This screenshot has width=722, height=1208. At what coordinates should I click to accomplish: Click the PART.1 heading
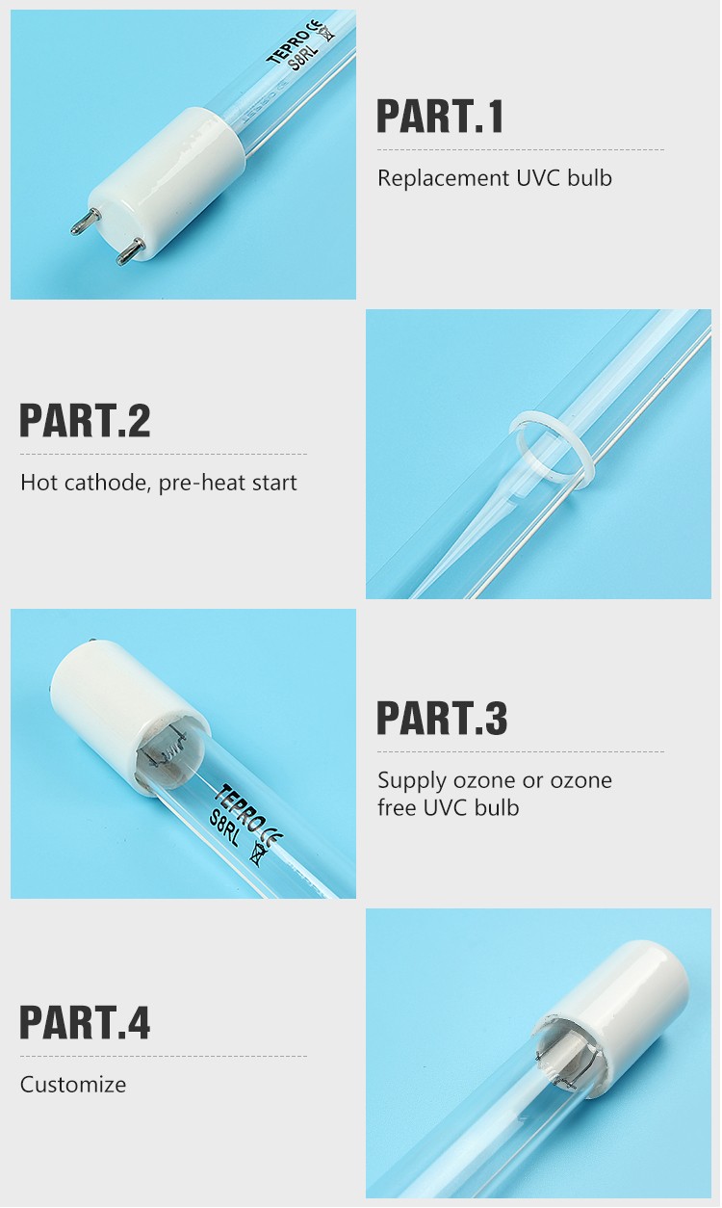tap(440, 116)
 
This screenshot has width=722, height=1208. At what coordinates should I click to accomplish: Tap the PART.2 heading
tap(85, 421)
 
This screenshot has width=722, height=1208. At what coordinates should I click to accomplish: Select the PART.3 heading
tap(441, 719)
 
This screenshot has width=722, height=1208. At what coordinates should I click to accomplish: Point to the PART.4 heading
tap(85, 1022)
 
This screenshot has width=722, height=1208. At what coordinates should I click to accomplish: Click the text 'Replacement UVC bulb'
tap(494, 178)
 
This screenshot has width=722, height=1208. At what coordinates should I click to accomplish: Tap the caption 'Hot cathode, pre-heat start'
tap(159, 482)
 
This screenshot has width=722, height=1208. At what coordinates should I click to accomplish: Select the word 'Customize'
tap(73, 1085)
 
